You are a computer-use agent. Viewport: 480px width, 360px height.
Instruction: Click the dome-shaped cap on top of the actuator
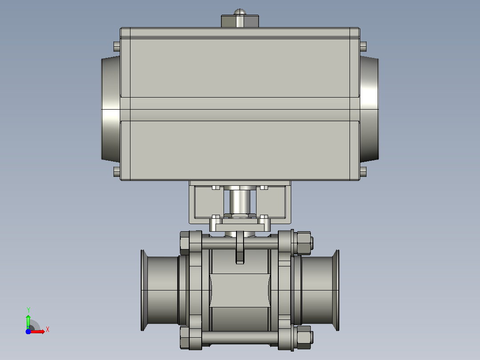click(x=240, y=12)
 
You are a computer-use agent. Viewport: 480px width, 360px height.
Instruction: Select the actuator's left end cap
click(x=111, y=109)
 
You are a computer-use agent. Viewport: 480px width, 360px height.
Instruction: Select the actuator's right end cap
click(x=369, y=109)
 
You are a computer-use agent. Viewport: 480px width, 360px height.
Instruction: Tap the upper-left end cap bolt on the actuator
click(x=117, y=47)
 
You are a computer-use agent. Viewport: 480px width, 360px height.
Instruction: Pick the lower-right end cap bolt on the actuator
click(x=363, y=172)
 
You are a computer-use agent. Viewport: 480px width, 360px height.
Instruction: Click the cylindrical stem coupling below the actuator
click(x=240, y=201)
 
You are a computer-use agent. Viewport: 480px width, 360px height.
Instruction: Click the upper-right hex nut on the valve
click(x=304, y=243)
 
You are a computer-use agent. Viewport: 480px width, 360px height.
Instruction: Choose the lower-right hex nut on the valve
click(x=304, y=337)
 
